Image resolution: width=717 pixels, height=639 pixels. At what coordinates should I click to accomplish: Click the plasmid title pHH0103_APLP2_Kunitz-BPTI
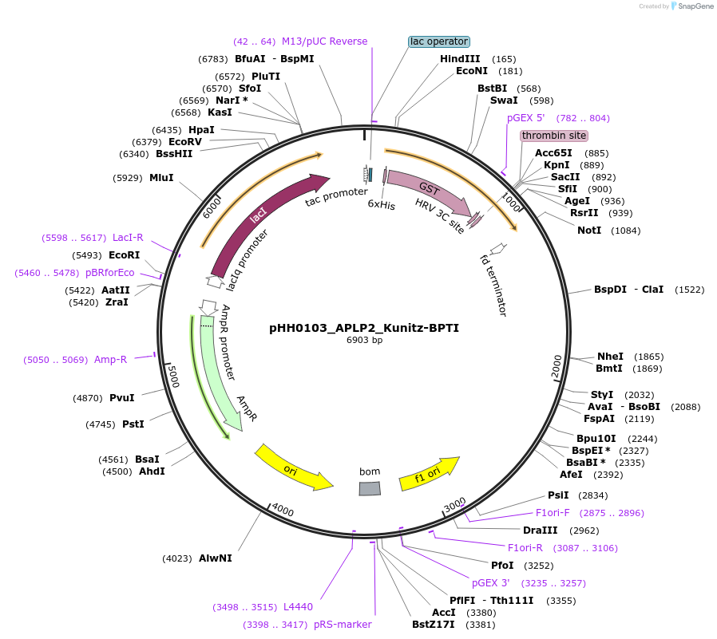click(x=364, y=328)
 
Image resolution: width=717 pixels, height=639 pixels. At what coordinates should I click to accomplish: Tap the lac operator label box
click(x=439, y=41)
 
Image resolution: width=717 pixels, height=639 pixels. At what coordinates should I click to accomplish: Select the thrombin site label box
click(x=553, y=136)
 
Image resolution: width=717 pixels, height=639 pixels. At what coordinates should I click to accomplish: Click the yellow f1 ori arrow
click(x=430, y=472)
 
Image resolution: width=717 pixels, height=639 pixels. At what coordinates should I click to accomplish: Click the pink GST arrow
click(x=427, y=191)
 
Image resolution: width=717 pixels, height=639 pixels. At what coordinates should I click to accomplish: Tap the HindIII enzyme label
click(x=460, y=59)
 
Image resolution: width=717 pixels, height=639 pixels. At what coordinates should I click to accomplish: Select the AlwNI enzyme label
click(x=216, y=558)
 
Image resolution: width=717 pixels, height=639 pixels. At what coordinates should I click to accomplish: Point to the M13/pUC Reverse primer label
click(x=324, y=41)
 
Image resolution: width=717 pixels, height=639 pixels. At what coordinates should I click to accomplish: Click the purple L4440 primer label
click(x=297, y=607)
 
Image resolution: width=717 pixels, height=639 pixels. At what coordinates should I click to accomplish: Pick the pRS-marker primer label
click(x=343, y=625)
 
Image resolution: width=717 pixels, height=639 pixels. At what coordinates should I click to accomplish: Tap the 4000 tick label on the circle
click(x=283, y=510)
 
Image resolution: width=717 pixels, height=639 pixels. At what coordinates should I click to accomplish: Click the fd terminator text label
click(x=494, y=285)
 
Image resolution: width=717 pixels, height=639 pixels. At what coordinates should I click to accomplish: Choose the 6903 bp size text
click(x=364, y=341)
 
